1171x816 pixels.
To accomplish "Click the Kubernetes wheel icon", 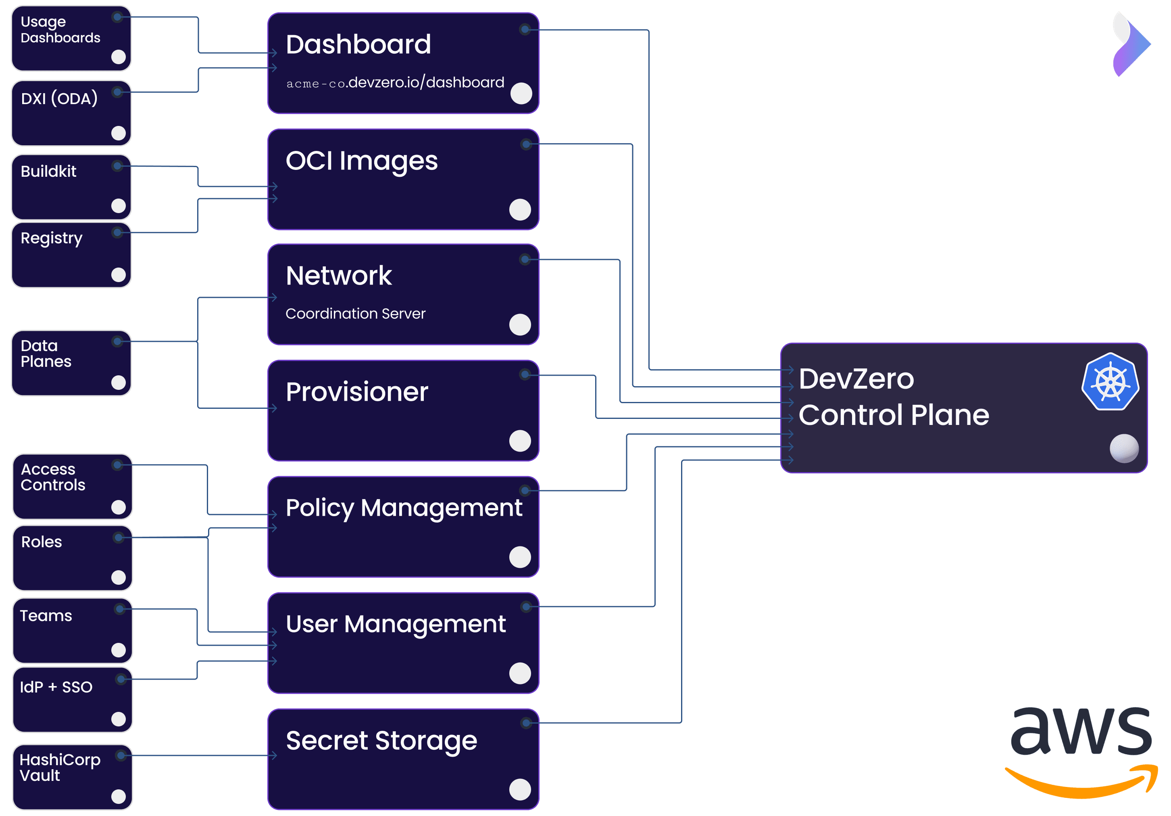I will (x=1110, y=382).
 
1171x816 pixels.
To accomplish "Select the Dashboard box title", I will (x=358, y=44).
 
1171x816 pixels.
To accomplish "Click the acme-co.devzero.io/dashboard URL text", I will (x=395, y=83).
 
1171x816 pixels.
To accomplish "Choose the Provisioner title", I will (x=356, y=392).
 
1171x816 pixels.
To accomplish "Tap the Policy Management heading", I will (x=403, y=508).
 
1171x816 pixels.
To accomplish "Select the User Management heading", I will (x=395, y=624).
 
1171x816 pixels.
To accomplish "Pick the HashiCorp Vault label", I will (x=60, y=768).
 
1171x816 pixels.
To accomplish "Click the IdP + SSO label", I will (x=56, y=687).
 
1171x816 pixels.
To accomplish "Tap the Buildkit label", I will (x=48, y=172).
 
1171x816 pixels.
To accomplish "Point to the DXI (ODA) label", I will (x=59, y=98).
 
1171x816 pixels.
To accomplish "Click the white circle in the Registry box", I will (x=118, y=275).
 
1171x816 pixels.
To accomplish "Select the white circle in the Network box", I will (x=520, y=324).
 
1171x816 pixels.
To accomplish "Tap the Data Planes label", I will (x=46, y=354).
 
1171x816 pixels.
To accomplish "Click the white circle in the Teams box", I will (x=118, y=650).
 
